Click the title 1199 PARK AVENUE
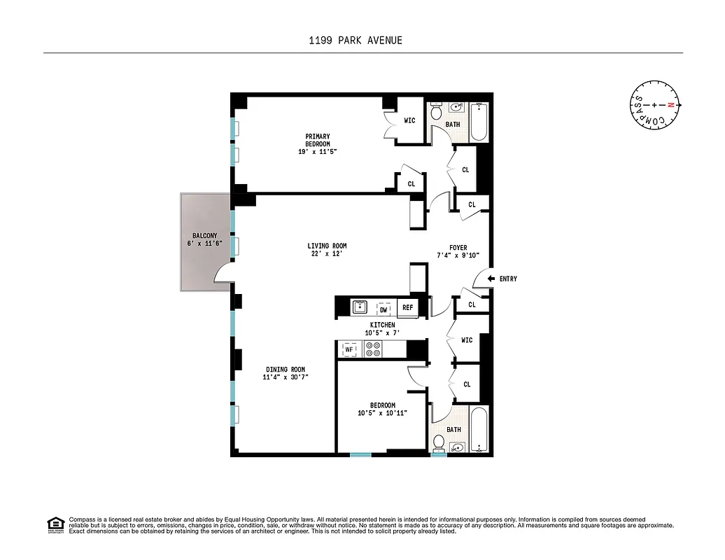(356, 40)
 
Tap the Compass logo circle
(656, 105)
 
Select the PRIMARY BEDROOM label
(317, 140)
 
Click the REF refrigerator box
(407, 308)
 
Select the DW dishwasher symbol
(383, 309)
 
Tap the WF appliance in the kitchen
(349, 349)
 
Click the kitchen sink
(360, 307)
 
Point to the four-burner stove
(373, 349)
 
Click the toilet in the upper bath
(435, 112)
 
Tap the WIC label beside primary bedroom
(409, 120)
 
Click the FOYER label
(458, 248)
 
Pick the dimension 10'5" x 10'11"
(382, 413)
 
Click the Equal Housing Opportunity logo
(55, 524)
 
